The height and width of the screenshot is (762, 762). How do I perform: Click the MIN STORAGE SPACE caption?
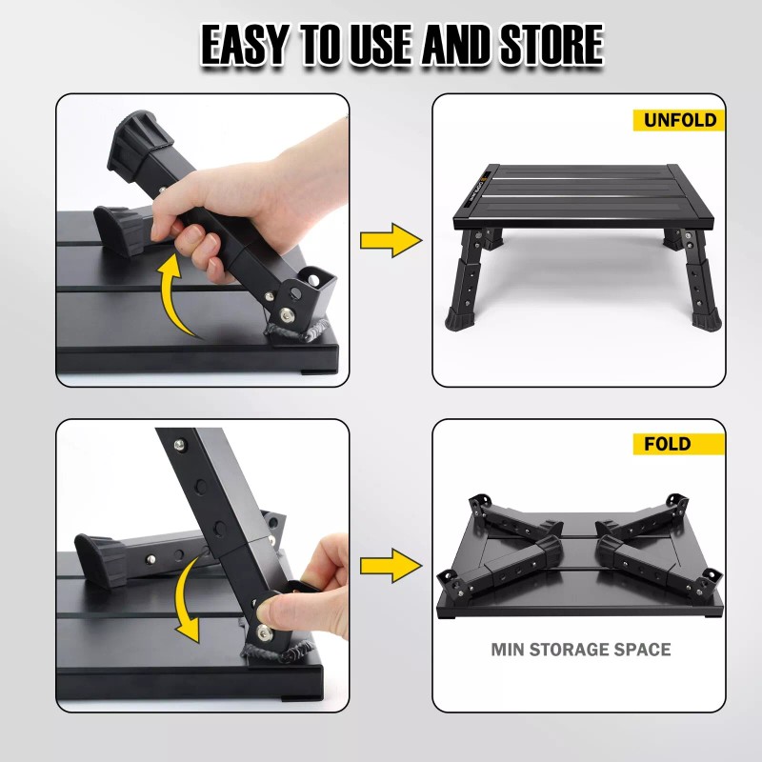[x=580, y=650]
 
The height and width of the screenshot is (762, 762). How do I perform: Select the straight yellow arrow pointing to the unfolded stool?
[x=391, y=240]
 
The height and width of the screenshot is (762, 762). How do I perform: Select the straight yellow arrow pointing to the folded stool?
[x=391, y=566]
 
